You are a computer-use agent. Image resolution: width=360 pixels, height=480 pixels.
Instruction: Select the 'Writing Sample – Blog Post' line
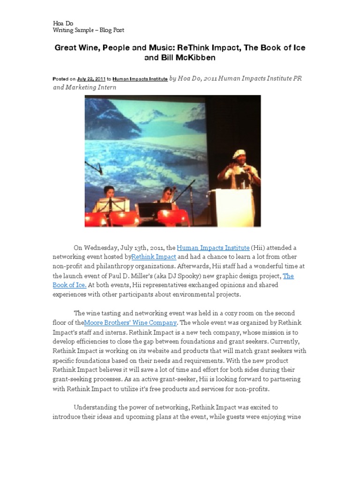coord(88,30)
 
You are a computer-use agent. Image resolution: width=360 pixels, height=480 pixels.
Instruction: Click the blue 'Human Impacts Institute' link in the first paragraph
coord(213,247)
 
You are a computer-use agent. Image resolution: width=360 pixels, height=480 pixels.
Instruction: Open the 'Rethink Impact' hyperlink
coord(154,257)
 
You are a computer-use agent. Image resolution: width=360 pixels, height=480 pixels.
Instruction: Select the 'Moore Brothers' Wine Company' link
coord(130,322)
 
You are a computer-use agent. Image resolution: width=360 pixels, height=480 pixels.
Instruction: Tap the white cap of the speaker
coord(239,153)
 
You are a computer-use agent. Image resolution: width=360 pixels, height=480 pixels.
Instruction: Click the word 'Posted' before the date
coord(61,79)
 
